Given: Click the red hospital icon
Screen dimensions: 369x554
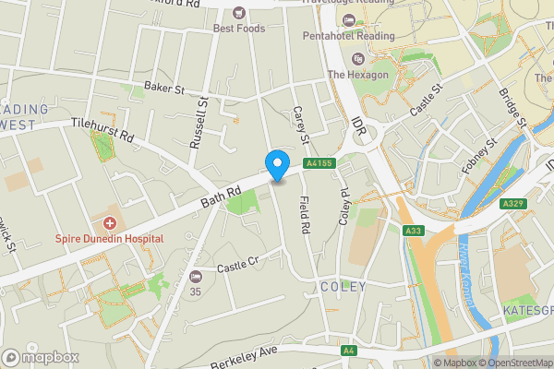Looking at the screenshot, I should (110, 223).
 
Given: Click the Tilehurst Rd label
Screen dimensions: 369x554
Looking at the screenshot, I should (102, 131).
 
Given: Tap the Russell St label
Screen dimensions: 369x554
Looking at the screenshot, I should (198, 125).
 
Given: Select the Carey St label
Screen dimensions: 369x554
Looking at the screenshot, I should (299, 124).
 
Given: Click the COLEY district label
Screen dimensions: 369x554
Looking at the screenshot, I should (343, 287).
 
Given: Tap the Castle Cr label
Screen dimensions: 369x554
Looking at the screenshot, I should (235, 268).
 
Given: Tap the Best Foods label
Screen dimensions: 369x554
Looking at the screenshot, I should (239, 29).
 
